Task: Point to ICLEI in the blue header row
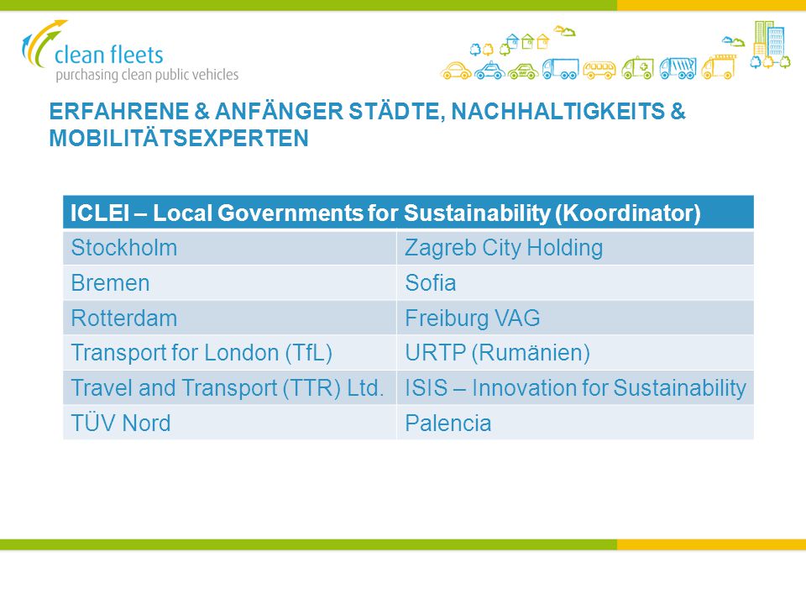100,213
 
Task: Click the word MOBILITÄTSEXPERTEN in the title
179,138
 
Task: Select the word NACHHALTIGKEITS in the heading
557,111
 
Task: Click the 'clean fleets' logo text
108,55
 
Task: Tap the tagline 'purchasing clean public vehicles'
147,75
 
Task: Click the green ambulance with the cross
637,68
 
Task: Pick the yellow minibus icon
599,70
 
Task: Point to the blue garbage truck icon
678,68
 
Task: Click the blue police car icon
489,71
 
